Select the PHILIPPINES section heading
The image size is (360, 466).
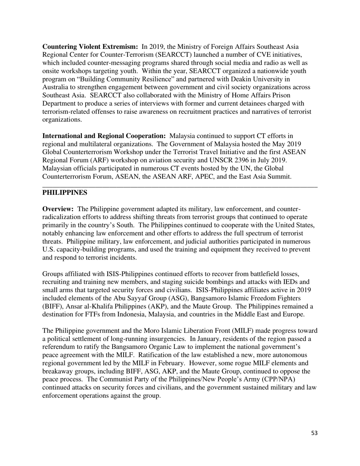click(x=64, y=193)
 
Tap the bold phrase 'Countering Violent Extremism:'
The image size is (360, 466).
click(x=90, y=47)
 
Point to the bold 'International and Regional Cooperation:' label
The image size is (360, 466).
click(x=104, y=136)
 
